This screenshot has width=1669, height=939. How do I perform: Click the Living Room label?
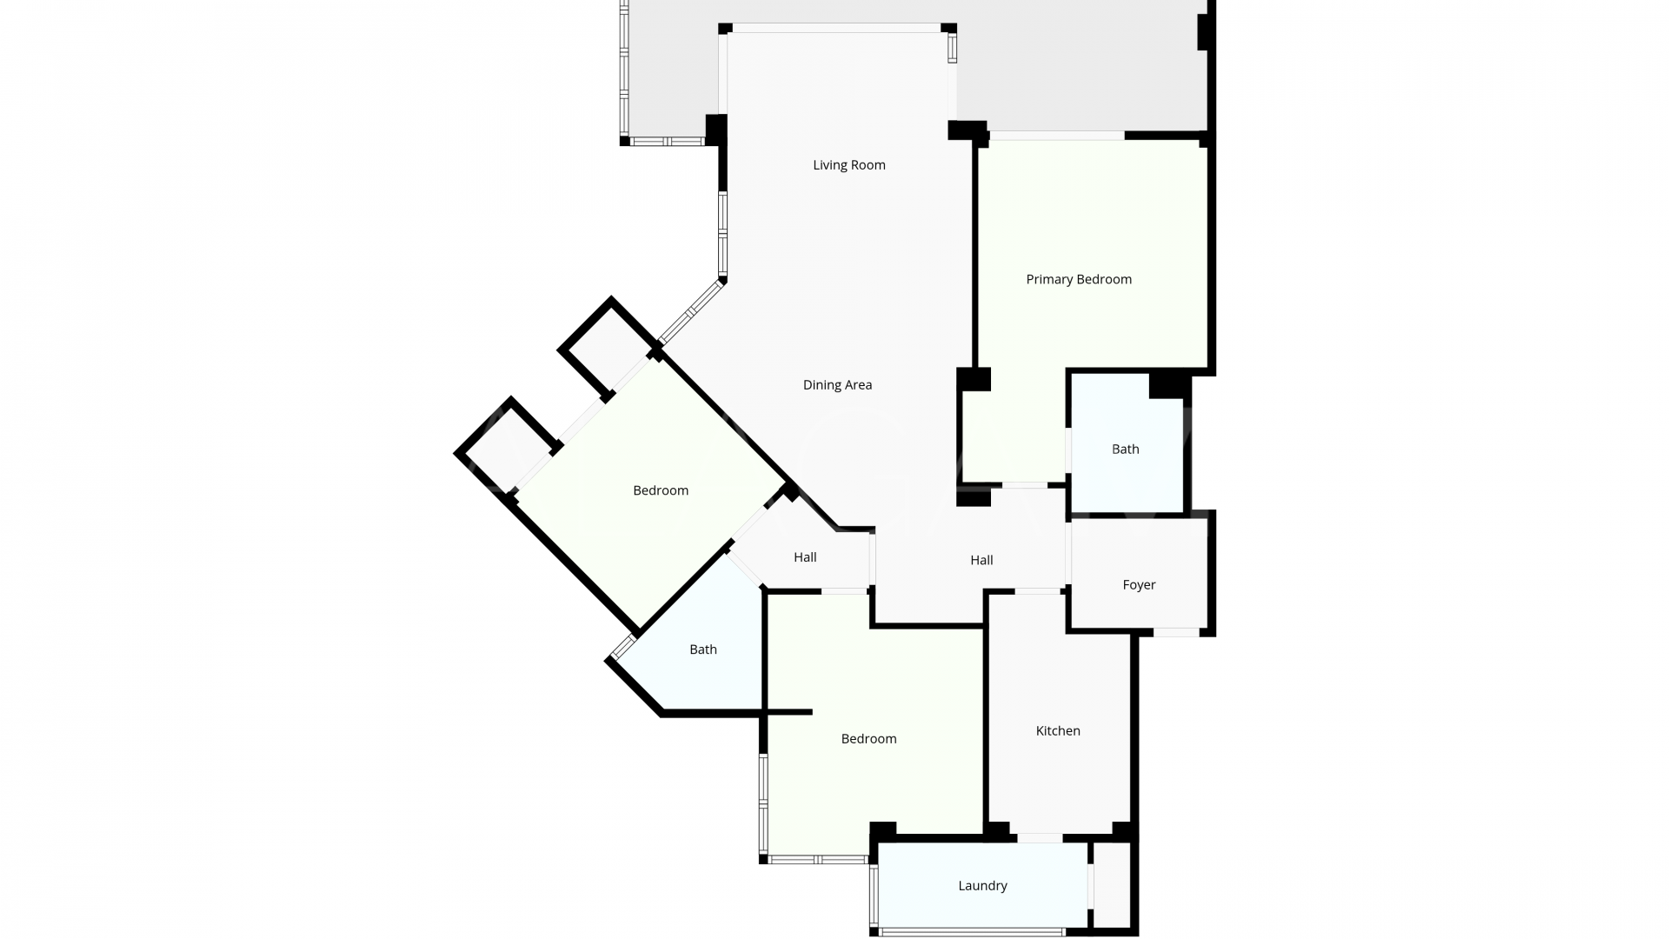pyautogui.click(x=849, y=165)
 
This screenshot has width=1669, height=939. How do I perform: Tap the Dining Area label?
pyautogui.click(x=837, y=385)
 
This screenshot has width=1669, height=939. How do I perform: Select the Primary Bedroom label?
pyautogui.click(x=1079, y=279)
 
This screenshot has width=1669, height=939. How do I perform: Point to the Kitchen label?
pyautogui.click(x=1058, y=731)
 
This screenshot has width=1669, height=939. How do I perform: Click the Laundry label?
pyautogui.click(x=982, y=886)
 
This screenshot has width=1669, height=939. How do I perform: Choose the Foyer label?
pyautogui.click(x=1139, y=585)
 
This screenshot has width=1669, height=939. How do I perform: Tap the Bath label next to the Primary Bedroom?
pyautogui.click(x=1125, y=450)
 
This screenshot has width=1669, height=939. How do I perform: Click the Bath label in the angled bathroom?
pyautogui.click(x=703, y=649)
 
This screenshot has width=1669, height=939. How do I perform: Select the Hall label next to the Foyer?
pyautogui.click(x=981, y=561)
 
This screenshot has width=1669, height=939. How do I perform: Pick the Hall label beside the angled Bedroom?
pyautogui.click(x=805, y=557)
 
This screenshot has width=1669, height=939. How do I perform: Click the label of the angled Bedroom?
pyautogui.click(x=661, y=490)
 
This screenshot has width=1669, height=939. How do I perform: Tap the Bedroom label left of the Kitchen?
pyautogui.click(x=868, y=739)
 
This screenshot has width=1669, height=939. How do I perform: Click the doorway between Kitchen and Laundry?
pyautogui.click(x=1040, y=838)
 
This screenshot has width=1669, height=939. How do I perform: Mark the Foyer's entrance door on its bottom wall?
pyautogui.click(x=1176, y=632)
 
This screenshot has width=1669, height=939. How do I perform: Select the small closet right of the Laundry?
pyautogui.click(x=1112, y=885)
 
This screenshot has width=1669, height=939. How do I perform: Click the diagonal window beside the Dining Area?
pyautogui.click(x=692, y=311)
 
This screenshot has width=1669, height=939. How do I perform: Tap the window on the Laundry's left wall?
pyautogui.click(x=874, y=896)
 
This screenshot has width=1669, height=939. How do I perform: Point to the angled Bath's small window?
pyautogui.click(x=623, y=648)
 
